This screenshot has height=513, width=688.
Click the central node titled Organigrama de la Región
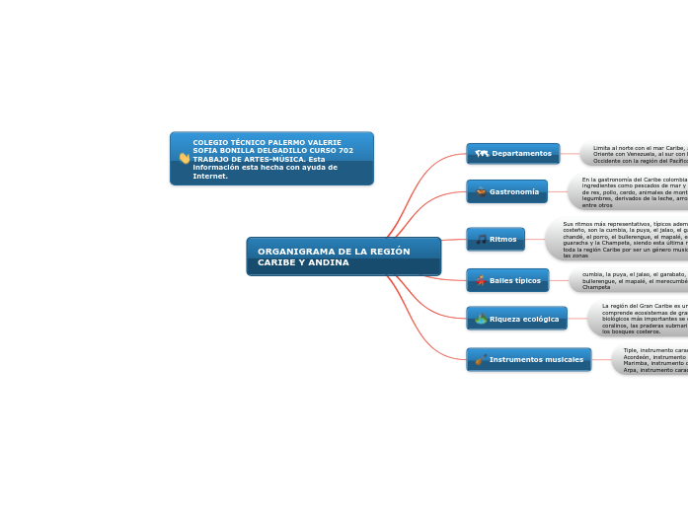[x=343, y=256]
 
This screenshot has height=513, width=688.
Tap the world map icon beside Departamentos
[x=482, y=154]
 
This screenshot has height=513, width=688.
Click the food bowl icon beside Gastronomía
[x=481, y=191]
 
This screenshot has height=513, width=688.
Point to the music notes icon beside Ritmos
[x=481, y=239]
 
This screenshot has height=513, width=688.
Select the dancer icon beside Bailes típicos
[x=481, y=280]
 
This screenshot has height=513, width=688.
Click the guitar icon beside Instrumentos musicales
[x=480, y=360]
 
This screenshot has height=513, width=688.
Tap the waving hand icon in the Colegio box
[x=184, y=158]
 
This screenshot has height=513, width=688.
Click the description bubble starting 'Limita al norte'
[x=637, y=154]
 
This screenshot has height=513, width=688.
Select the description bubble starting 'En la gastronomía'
[x=630, y=191]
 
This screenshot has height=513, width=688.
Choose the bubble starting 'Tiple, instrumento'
[x=651, y=359]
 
